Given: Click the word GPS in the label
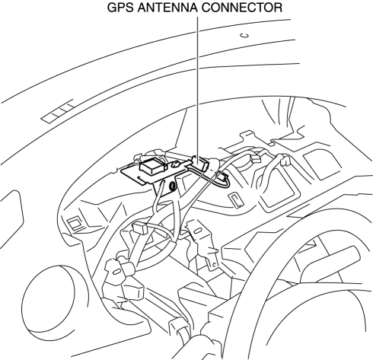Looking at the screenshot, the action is (x=120, y=8).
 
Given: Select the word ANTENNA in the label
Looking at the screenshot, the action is (x=167, y=8).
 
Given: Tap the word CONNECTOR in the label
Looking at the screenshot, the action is (x=242, y=8).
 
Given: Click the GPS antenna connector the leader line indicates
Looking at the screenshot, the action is (x=200, y=163).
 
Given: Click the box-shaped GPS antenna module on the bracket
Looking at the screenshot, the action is (x=153, y=166).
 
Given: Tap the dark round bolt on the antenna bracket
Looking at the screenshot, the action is (x=173, y=186).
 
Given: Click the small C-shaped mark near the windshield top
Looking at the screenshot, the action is (x=245, y=36).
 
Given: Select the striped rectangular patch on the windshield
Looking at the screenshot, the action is (x=59, y=111).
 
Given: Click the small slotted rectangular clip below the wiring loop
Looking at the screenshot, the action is (x=236, y=200).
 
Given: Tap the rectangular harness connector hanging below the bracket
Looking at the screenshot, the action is (x=140, y=228).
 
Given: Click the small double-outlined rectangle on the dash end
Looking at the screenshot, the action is (x=75, y=223).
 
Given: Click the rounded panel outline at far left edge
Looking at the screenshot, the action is (x=11, y=219).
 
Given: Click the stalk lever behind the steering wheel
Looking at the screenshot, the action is (x=330, y=265).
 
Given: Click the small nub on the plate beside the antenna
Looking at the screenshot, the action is (x=176, y=164).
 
